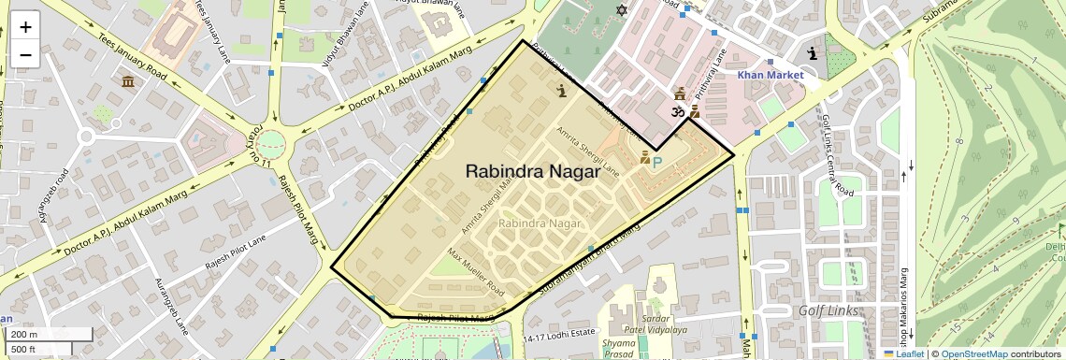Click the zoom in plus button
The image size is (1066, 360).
click(25, 27)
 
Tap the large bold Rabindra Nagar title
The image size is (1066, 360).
click(532, 171)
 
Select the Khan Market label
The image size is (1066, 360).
click(770, 75)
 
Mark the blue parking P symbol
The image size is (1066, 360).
click(657, 162)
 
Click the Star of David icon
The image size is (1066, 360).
click(620, 10)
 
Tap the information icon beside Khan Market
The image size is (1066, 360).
click(813, 53)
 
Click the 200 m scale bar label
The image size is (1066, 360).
click(25, 334)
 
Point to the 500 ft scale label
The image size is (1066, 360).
click(24, 350)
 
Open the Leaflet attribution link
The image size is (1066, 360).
click(903, 353)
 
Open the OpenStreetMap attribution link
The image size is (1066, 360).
click(973, 353)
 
